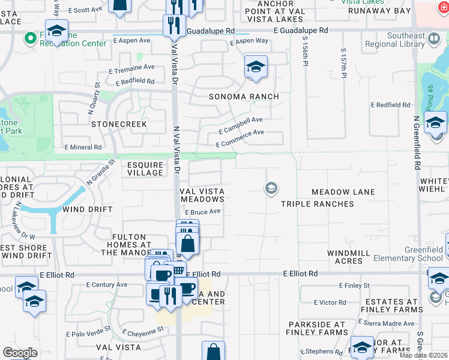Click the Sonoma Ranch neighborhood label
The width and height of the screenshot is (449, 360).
coord(244,97)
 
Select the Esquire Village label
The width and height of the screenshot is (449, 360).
coord(145,169)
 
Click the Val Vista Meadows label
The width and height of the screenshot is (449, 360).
coord(202,195)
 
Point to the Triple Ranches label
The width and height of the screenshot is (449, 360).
coord(318,204)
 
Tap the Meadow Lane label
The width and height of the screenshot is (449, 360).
coord(343,192)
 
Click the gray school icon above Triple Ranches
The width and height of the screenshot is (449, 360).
coord(271,189)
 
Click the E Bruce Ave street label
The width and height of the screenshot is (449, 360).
coord(202,212)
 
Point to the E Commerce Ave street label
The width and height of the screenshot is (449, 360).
coord(240,137)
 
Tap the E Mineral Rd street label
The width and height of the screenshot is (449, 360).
coord(82,147)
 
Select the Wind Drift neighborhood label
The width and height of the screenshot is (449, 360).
coord(88,209)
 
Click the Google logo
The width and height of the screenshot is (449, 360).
coord(20,353)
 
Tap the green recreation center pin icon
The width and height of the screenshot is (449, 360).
coord(29,39)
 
